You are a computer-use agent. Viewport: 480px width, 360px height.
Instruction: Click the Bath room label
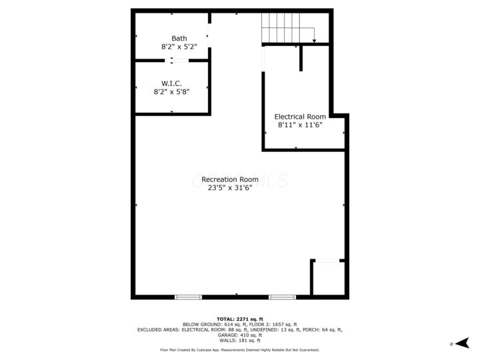[179, 38]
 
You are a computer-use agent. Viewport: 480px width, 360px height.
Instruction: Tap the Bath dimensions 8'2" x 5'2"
[179, 47]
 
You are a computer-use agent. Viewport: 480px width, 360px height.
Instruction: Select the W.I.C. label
[171, 83]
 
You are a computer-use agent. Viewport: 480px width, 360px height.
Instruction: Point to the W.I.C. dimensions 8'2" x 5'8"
[171, 92]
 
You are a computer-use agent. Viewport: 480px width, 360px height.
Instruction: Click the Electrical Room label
[300, 117]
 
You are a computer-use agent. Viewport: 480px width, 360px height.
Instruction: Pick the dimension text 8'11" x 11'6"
[300, 125]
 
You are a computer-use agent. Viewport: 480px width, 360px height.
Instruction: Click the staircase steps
[287, 28]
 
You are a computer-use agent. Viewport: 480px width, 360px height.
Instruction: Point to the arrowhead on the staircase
[313, 41]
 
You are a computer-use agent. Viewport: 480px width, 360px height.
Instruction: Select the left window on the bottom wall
[188, 296]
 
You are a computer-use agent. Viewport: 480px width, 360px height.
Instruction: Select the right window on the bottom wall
[282, 296]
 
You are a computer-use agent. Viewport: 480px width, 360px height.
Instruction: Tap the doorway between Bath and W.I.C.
[178, 61]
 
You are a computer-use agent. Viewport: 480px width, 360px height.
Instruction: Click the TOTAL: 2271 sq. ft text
[240, 319]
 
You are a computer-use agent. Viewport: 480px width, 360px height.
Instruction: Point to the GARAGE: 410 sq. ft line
[240, 335]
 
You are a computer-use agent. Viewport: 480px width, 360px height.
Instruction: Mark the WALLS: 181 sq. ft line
[240, 340]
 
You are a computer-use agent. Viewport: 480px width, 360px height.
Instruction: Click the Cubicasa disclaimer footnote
[240, 349]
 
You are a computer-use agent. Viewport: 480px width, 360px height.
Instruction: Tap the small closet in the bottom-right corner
[329, 279]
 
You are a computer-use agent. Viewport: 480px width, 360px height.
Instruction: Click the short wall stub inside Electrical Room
[301, 58]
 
